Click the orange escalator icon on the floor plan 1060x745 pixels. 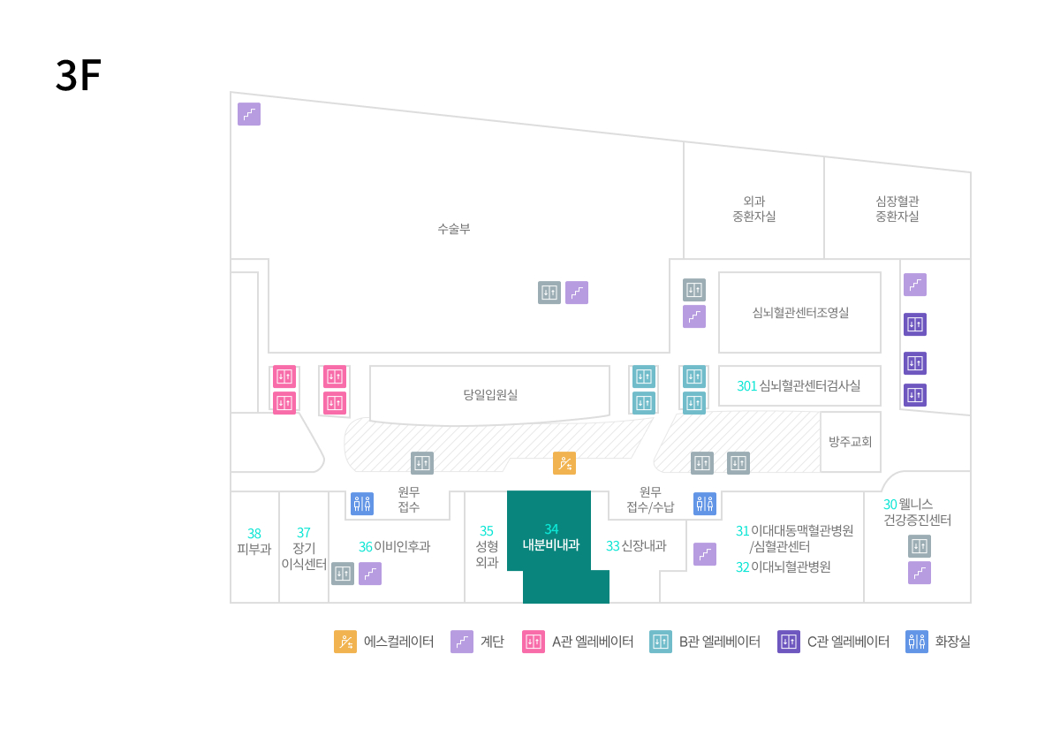pos(564,463)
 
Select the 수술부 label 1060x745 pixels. pos(454,229)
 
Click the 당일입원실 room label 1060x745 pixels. pos(490,395)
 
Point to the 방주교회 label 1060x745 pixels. pos(850,442)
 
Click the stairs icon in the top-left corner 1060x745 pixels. pos(249,114)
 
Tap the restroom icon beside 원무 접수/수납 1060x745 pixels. pos(705,504)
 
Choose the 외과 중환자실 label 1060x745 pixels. pos(753,209)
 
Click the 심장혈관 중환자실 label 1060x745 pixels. pos(897,209)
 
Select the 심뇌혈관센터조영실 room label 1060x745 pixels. pos(800,312)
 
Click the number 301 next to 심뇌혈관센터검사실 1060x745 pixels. pos(746,386)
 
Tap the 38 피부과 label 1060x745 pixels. pos(254,541)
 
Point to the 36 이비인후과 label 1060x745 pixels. pos(394,547)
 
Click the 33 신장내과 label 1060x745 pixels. pos(636,546)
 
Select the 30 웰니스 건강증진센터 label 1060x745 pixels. pos(917,512)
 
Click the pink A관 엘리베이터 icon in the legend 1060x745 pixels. pos(534,642)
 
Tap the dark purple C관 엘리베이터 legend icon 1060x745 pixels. pos(788,642)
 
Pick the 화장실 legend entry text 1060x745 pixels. pos(952,642)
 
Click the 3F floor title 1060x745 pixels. pos(79,75)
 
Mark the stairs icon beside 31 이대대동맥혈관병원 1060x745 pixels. pos(705,554)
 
